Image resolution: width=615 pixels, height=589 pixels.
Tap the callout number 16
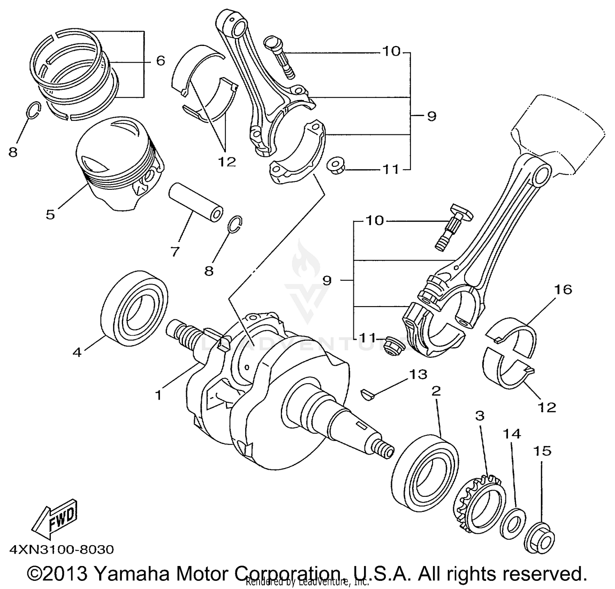click(563, 290)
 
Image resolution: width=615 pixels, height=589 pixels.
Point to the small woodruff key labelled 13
click(367, 394)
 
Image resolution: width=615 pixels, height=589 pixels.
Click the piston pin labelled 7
click(197, 204)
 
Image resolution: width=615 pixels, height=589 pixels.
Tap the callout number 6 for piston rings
click(160, 61)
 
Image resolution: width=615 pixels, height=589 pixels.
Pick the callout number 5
click(50, 214)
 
